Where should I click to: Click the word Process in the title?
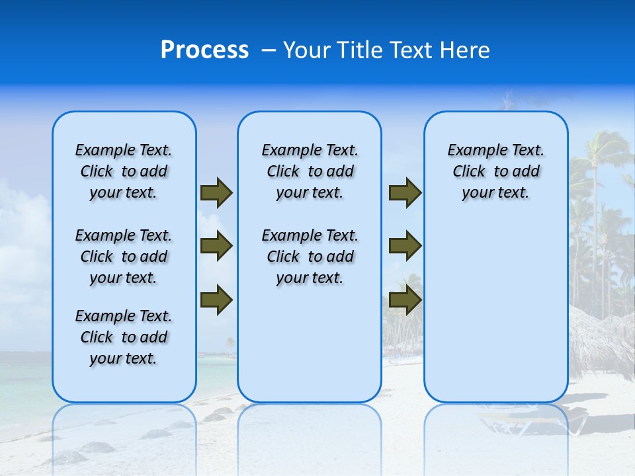[204, 50]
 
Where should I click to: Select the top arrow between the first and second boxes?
[216, 192]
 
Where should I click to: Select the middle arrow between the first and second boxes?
[216, 246]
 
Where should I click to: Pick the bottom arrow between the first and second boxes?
[216, 300]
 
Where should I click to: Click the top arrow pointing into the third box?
[405, 192]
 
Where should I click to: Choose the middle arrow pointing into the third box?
[405, 246]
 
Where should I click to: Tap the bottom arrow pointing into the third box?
[405, 300]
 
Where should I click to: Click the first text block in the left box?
[124, 171]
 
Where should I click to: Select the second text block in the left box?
[124, 257]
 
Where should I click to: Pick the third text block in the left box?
[124, 337]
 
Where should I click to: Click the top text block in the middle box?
[310, 171]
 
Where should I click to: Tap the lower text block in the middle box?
[310, 257]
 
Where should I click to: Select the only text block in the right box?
[495, 171]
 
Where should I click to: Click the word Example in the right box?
[472, 151]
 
